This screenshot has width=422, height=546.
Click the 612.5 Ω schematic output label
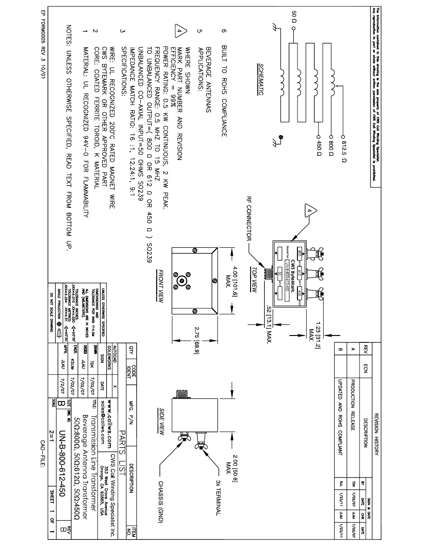coord(343,151)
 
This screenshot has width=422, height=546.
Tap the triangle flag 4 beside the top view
coord(309,211)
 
